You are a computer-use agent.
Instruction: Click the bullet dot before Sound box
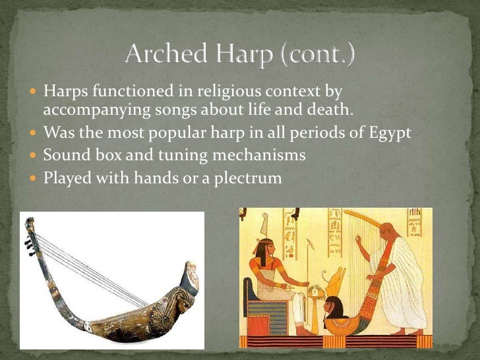34,156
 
